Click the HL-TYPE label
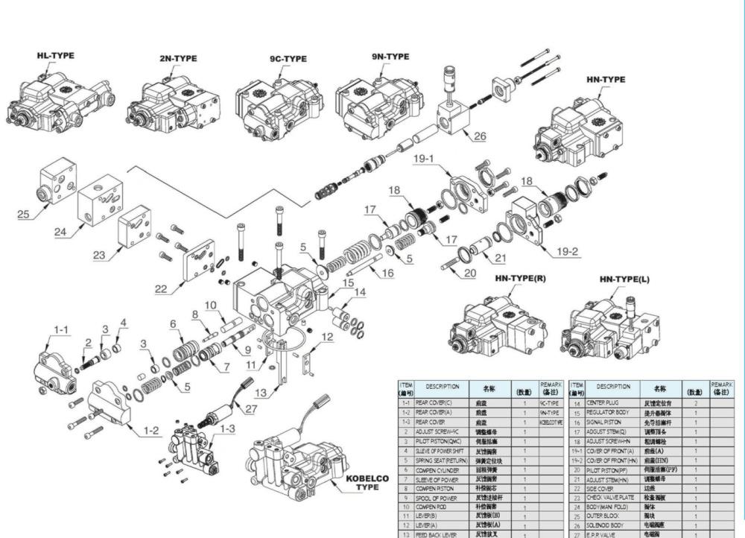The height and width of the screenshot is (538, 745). pos(56,56)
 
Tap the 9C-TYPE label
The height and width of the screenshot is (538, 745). pos(288,60)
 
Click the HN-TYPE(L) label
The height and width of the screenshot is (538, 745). pos(624,279)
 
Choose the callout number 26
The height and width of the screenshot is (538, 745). pos(479,136)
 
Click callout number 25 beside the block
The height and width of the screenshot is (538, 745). pos(23,215)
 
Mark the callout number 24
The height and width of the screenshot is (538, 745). pos(60,232)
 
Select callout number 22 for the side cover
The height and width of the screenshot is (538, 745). pos(160,290)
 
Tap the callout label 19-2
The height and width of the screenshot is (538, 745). pos(568,251)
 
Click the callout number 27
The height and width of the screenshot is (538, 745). pos(250,408)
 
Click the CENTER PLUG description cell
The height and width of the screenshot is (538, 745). pos(604,403)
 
